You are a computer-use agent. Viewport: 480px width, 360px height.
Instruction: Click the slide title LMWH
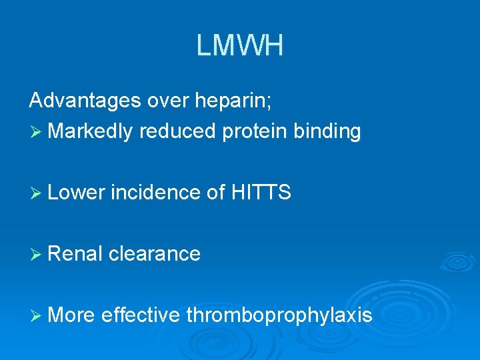pyautogui.click(x=240, y=46)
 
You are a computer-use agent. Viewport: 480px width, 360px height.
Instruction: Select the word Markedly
pyautogui.click(x=90, y=131)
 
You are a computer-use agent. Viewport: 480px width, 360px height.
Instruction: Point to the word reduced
pyautogui.click(x=178, y=131)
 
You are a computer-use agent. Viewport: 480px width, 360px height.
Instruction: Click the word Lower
pyautogui.click(x=77, y=193)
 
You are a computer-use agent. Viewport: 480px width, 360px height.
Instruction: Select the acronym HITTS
pyautogui.click(x=261, y=193)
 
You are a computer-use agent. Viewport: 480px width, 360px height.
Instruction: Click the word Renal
pyautogui.click(x=75, y=253)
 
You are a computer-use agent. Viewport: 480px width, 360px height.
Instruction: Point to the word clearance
pyautogui.click(x=154, y=253)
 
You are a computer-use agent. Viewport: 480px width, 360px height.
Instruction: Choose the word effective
pyautogui.click(x=140, y=315)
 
